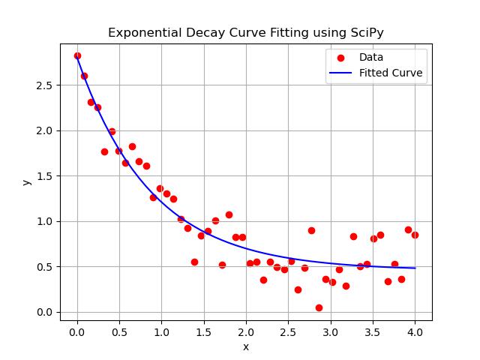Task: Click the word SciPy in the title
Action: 367,33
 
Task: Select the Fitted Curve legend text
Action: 391,73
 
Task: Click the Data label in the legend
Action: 371,57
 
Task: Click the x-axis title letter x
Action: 246,346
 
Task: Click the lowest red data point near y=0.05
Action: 319,307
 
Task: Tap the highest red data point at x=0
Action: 77,55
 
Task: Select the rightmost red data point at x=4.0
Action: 415,235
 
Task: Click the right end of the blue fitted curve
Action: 415,268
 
